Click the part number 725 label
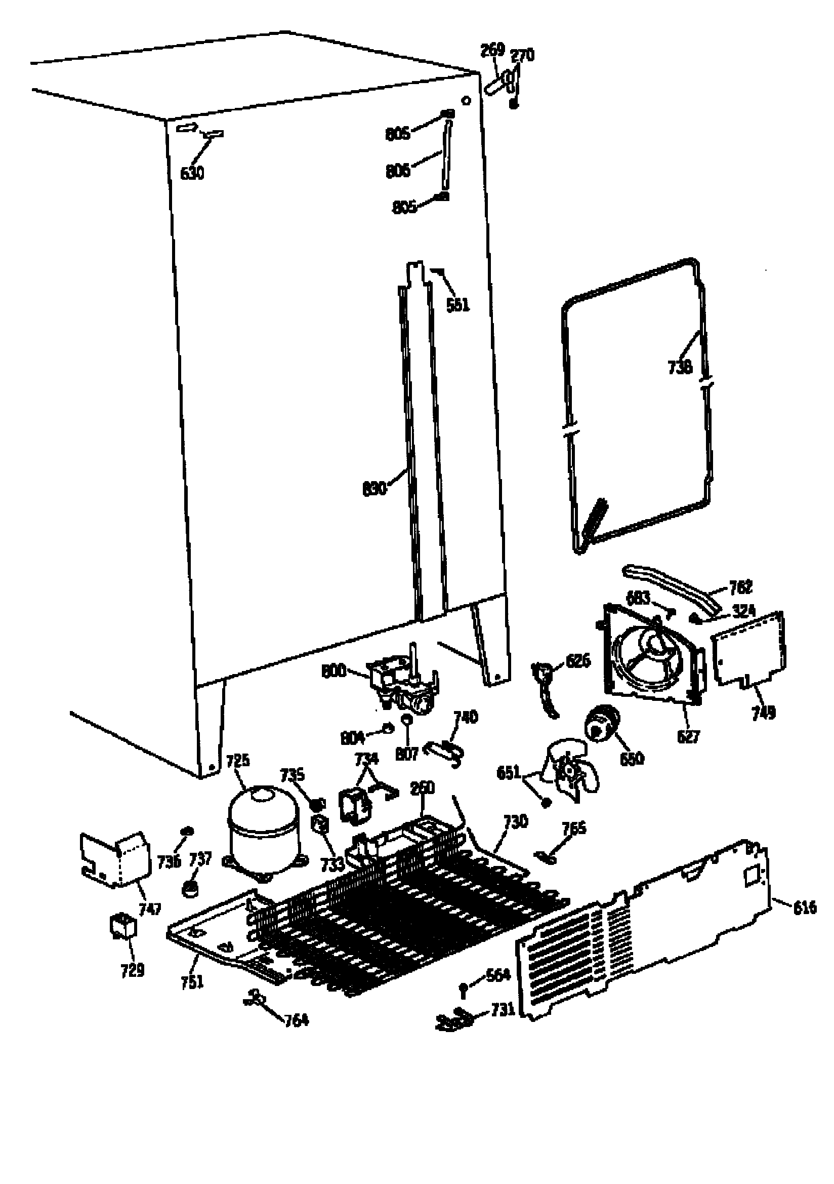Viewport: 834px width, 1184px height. pos(238,761)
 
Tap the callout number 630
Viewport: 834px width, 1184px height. pos(192,173)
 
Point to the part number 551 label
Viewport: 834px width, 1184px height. pos(457,305)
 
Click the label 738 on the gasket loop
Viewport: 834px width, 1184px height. pos(680,367)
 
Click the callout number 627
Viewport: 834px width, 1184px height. pos(688,736)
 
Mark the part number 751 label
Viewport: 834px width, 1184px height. pos(192,982)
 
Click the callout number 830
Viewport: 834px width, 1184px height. pos(374,488)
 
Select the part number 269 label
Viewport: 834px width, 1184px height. pos(492,50)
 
